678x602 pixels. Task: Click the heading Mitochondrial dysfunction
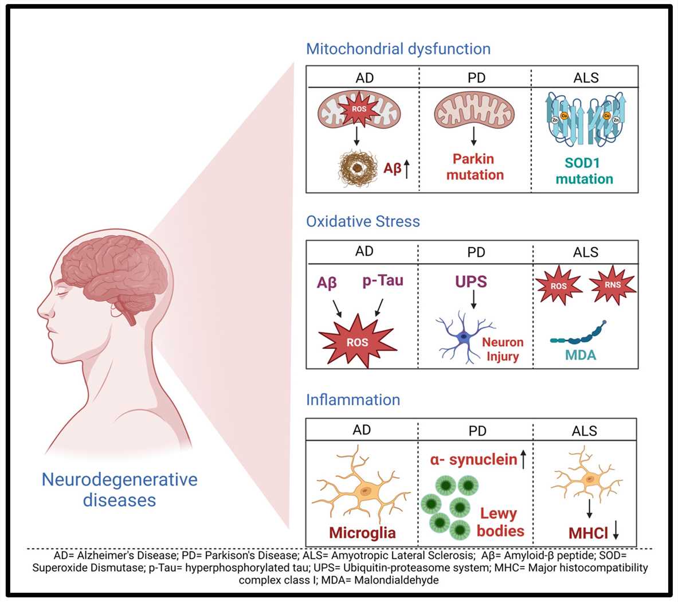coord(398,49)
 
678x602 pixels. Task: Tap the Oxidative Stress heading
coord(363,221)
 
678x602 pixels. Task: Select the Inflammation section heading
coord(353,400)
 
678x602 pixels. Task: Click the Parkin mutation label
coord(475,167)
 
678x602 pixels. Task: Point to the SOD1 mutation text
coord(584,171)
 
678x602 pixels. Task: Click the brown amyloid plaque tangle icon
coord(359,168)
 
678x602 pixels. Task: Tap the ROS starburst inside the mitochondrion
coord(359,109)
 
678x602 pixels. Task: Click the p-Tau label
coord(383,280)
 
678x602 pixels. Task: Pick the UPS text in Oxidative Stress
coord(471,282)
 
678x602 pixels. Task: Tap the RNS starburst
coord(613,284)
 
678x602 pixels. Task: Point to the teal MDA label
coord(581,355)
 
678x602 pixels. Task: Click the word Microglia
coord(362,533)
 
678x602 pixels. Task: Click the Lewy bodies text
coord(499,522)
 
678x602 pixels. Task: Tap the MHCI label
coord(588,533)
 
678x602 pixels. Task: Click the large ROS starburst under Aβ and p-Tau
coord(358,342)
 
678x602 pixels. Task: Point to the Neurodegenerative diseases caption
coord(119,489)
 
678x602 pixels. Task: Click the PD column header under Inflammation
coord(477,431)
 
